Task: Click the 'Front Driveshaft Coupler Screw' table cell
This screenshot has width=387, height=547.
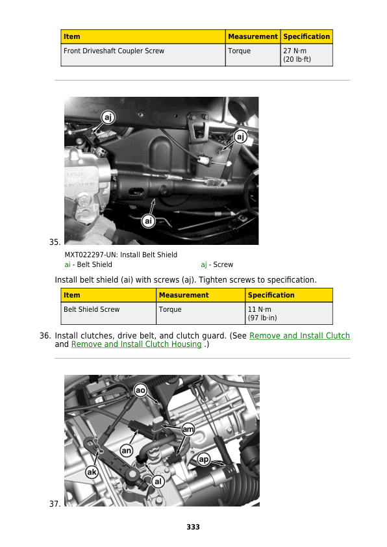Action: [x=143, y=55]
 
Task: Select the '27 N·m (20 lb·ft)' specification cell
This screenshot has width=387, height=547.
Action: [x=306, y=55]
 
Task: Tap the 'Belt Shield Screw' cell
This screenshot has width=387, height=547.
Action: [x=108, y=313]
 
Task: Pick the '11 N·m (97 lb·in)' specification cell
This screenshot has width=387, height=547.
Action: [x=289, y=313]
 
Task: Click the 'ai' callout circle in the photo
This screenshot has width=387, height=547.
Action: [x=149, y=221]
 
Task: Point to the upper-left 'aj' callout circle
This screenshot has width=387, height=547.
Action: [x=108, y=117]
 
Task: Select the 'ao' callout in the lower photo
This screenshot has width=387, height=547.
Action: [x=140, y=390]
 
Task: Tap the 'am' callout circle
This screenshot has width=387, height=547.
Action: [x=188, y=429]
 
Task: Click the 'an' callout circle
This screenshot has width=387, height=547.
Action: [x=126, y=451]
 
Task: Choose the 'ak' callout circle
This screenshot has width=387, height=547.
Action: [x=92, y=472]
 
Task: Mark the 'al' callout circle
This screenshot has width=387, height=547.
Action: [x=158, y=482]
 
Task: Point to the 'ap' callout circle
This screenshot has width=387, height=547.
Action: [x=204, y=459]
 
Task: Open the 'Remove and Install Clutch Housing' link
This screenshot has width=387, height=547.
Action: [x=136, y=344]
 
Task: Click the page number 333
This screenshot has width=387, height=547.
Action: [x=193, y=527]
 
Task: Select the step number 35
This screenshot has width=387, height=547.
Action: [x=55, y=242]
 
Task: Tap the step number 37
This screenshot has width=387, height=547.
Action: [x=55, y=504]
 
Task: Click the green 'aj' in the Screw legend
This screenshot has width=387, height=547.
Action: [x=204, y=265]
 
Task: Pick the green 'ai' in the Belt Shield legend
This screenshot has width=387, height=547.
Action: [x=68, y=265]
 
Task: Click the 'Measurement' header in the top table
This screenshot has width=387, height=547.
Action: [x=253, y=36]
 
